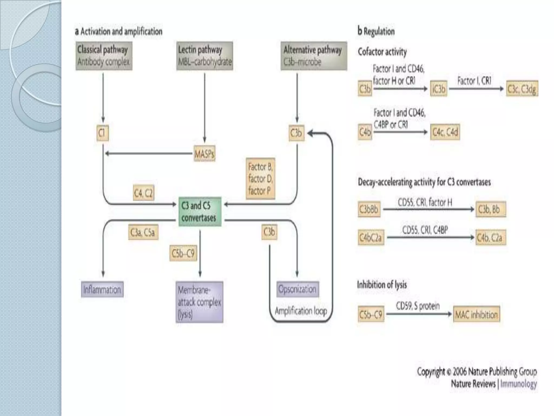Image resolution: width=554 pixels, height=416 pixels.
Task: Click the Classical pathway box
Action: click(104, 56)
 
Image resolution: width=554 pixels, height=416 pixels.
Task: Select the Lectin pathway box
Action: click(205, 56)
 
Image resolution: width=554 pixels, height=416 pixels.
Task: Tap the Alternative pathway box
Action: click(314, 56)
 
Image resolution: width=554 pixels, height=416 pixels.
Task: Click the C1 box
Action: click(103, 133)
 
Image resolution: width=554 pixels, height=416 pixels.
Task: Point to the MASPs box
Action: click(205, 154)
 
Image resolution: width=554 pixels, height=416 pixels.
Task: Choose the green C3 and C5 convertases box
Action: click(200, 212)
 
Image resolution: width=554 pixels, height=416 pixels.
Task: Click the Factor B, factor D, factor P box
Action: click(260, 179)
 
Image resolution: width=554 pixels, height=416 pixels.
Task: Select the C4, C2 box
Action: click(144, 193)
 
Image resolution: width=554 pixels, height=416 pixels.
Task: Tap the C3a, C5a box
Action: click(143, 232)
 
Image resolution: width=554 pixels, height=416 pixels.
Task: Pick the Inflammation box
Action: click(102, 290)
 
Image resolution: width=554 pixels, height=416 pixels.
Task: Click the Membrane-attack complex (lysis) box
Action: click(199, 302)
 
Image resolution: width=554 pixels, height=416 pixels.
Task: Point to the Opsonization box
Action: click(298, 289)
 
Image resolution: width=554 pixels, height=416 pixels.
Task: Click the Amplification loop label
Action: click(301, 311)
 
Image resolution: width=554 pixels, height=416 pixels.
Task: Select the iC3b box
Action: click(438, 89)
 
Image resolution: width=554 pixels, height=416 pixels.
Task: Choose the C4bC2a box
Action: click(371, 238)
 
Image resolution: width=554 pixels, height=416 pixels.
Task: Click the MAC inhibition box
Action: click(476, 314)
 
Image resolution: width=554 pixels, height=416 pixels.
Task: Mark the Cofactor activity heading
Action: click(382, 51)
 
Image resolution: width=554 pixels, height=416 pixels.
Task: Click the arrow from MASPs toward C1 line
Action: click(149, 154)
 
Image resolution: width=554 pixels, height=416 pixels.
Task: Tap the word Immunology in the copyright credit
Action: click(518, 384)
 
